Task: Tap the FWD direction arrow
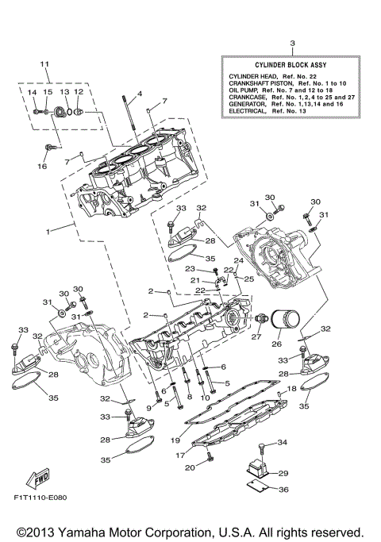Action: coord(37,479)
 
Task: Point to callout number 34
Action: coord(283,442)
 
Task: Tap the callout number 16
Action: coord(44,167)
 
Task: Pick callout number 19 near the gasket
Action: coord(175,440)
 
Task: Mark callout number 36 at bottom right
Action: coord(284,490)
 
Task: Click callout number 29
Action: coord(283,473)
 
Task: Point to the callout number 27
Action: coord(256,336)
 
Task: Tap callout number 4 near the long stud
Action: coord(139,94)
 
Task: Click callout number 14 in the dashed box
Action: coord(33,92)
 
